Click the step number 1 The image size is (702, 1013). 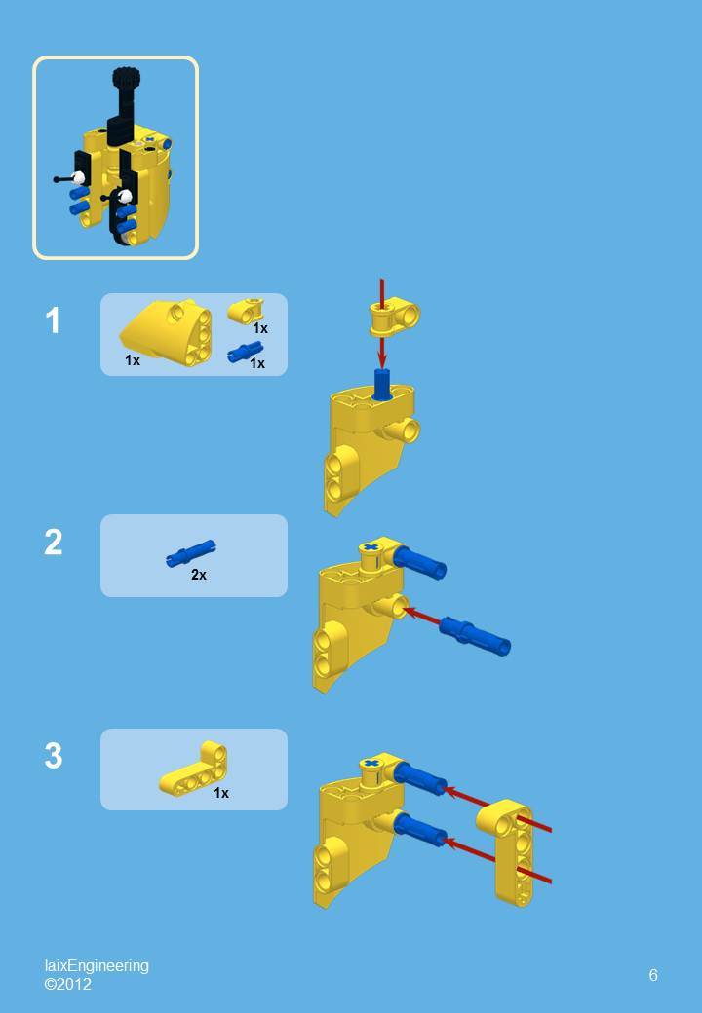tap(53, 320)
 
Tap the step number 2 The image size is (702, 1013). tap(53, 543)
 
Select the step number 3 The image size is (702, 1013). tap(53, 756)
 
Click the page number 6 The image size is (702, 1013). tap(653, 975)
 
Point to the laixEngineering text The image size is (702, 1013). tap(97, 965)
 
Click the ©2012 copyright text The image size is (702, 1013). tap(67, 984)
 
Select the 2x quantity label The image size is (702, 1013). tap(199, 575)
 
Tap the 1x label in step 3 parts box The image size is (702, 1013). tap(221, 793)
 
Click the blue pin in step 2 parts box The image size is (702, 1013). tap(191, 553)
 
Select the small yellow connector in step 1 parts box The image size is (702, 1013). tap(246, 311)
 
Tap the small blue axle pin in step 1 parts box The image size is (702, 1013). tap(245, 353)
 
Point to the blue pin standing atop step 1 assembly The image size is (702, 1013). tap(382, 385)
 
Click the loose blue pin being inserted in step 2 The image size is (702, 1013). tap(475, 634)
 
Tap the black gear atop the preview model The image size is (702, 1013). tap(124, 77)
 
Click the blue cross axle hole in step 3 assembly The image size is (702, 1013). tap(370, 764)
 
